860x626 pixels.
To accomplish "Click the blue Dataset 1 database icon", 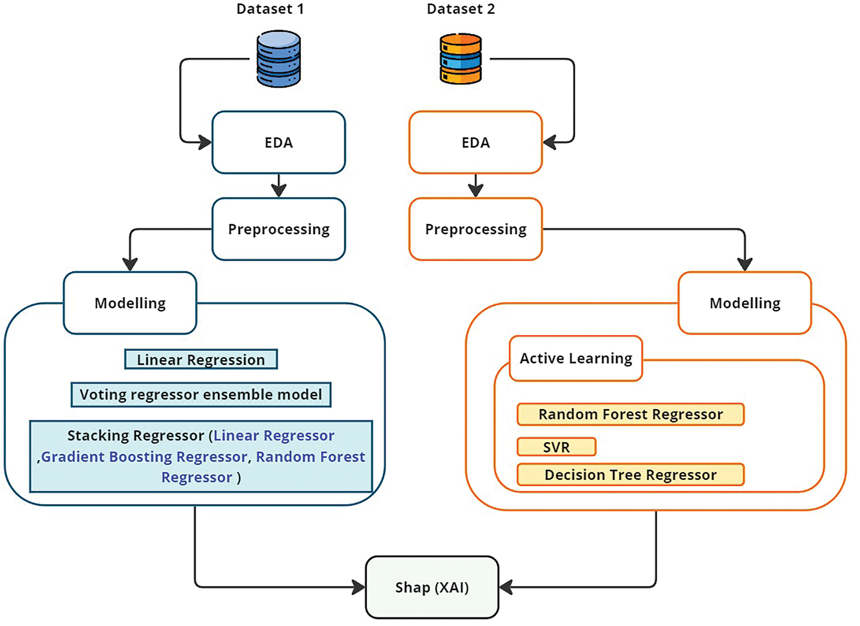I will coord(279,59).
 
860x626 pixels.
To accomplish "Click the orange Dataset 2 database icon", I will coord(460,59).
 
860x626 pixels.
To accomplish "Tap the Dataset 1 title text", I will coord(270,9).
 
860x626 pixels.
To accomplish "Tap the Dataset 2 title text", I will coord(460,9).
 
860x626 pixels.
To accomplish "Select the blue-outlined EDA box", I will coord(279,143).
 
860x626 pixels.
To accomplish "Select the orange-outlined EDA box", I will coord(475,143).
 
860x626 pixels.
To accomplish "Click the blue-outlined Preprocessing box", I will coord(279,229).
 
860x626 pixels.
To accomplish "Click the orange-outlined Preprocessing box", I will coord(475,229).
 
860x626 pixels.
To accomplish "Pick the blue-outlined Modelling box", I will coord(130,303).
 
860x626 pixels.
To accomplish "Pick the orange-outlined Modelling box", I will coord(745,303).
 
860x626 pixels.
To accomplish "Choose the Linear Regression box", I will coord(201,359).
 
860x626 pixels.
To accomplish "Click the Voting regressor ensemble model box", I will coord(201,395).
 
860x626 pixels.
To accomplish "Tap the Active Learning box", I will coord(576,358).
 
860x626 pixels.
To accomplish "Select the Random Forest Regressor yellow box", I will coord(630,414).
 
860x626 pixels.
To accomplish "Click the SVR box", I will coord(556,447).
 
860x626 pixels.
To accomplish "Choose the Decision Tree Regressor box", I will coord(630,474).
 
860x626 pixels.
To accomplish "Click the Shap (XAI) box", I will coord(432,587).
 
